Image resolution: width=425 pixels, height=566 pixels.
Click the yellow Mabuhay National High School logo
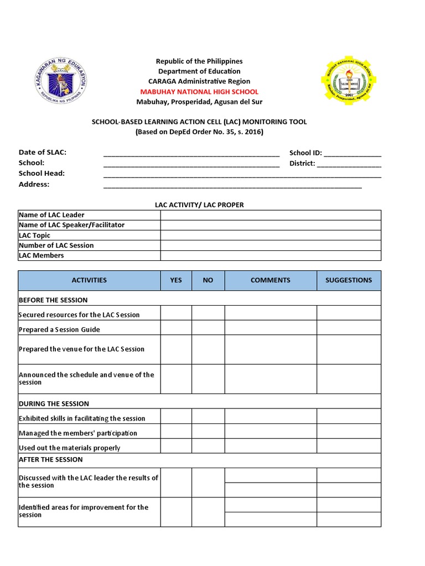point(348,80)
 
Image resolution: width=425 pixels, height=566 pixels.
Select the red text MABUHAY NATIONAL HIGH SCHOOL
point(199,92)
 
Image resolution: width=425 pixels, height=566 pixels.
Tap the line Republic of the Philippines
point(199,61)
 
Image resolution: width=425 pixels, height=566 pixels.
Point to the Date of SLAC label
point(43,153)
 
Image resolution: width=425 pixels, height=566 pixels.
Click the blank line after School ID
point(353,154)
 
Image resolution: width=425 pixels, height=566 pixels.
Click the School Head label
point(42,174)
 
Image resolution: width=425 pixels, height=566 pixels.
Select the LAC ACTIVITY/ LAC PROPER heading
point(199,205)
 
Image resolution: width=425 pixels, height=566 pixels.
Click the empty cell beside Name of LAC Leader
point(271,215)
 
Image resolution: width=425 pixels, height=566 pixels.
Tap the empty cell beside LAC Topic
point(271,235)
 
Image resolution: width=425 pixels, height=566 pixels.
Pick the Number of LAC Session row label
point(56,245)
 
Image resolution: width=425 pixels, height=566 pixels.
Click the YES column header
point(176,280)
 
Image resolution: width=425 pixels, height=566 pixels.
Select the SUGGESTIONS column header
point(349,280)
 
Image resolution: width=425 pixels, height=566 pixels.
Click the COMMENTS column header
point(270,280)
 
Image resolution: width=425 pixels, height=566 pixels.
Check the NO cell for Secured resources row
point(208,313)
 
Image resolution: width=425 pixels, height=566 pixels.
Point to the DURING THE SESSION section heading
point(54,404)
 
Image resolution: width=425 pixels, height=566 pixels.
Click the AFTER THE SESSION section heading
point(50,460)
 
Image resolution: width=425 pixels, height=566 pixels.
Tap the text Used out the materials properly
point(69,448)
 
